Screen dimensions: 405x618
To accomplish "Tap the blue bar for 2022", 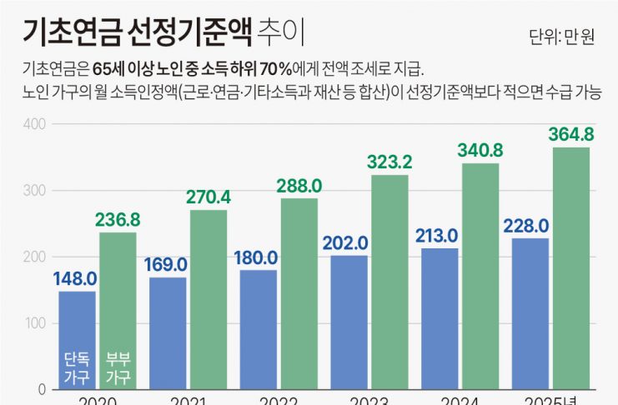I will [258, 329].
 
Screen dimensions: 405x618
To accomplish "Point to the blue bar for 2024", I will [440, 318].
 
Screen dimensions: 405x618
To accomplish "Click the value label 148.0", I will [76, 279].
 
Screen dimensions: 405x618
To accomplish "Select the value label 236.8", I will [118, 220].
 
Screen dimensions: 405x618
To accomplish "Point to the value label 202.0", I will [345, 243].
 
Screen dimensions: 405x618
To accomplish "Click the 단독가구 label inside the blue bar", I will [77, 367].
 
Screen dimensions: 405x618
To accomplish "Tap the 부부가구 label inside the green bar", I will [118, 367].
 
